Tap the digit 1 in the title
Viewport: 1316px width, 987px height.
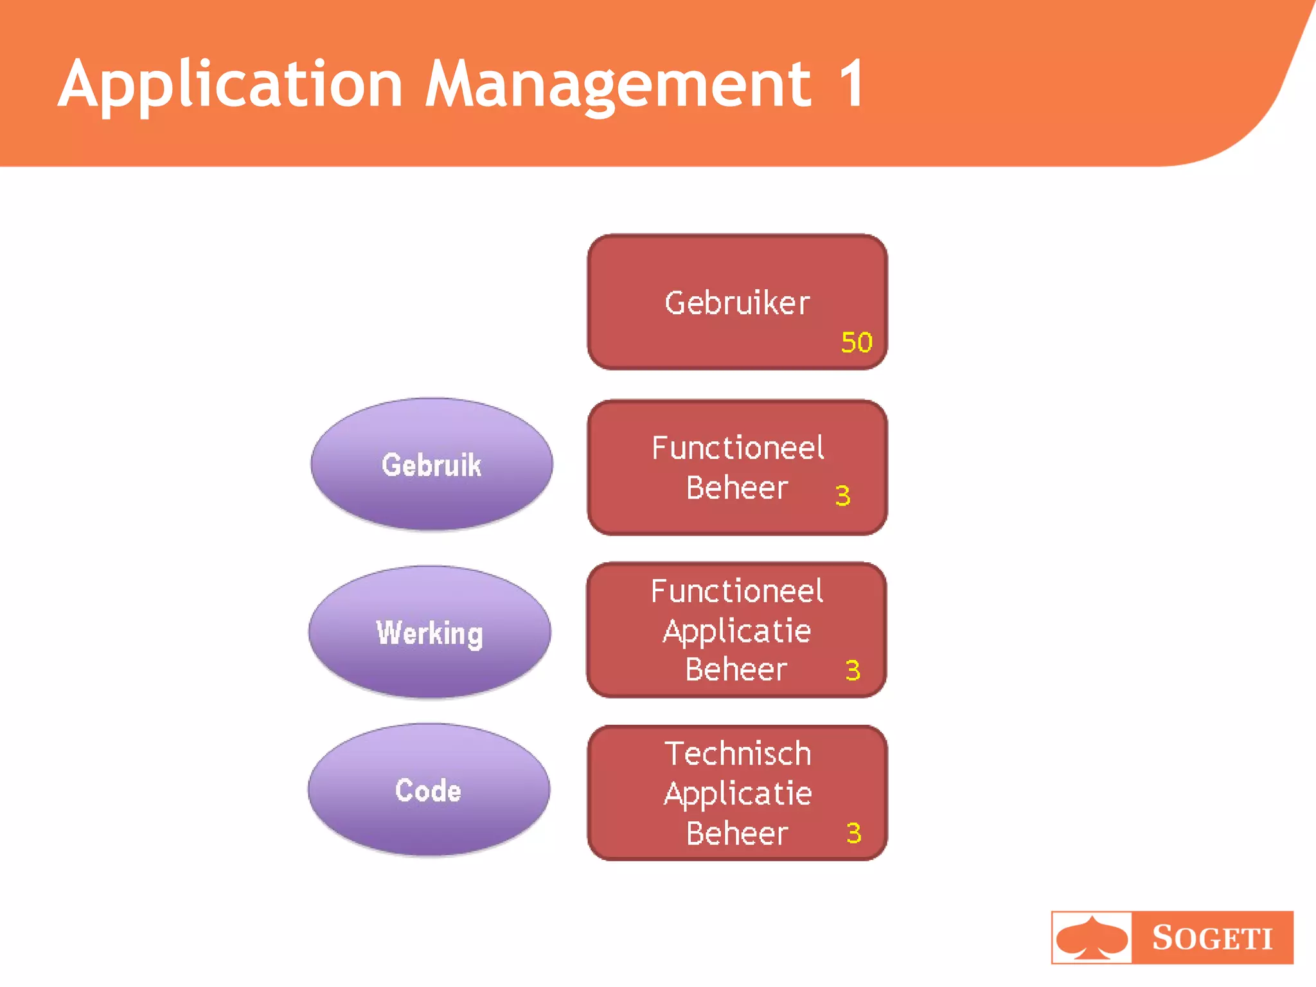[851, 84]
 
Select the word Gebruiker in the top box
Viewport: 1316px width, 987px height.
[737, 303]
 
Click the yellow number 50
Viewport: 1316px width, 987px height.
[857, 342]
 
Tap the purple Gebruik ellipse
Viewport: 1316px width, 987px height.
[431, 465]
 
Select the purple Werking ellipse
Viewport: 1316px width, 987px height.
[429, 633]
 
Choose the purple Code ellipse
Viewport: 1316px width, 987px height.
[429, 790]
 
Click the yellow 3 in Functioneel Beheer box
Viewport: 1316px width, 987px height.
[842, 495]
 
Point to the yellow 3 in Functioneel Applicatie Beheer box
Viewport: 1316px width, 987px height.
[853, 670]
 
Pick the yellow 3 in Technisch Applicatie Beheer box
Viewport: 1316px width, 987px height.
[853, 833]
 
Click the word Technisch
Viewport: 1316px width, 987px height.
[738, 754]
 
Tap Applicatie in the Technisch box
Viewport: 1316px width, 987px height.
[738, 794]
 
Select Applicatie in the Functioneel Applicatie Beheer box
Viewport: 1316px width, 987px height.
[737, 632]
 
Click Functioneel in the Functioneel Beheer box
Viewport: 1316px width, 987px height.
[738, 448]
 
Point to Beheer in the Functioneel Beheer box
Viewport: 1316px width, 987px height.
[736, 488]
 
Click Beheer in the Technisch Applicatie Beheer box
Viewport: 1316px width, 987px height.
[736, 833]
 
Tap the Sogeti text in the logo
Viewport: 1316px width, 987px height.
[1212, 938]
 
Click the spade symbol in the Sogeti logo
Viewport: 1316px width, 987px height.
[1092, 938]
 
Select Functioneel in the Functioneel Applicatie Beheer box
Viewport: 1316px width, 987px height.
[737, 591]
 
